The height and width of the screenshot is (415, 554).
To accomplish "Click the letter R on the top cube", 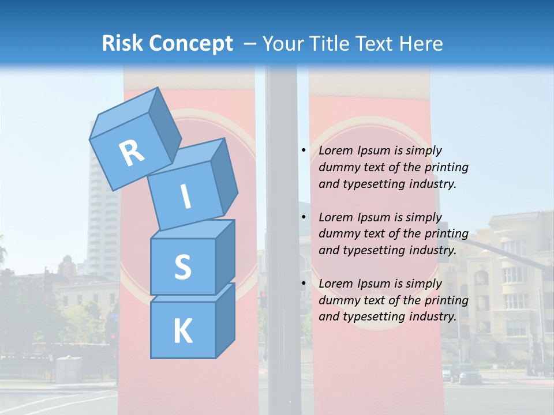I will (132, 153).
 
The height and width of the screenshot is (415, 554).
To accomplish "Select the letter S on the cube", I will (182, 267).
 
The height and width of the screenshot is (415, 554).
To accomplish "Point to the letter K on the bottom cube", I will (182, 331).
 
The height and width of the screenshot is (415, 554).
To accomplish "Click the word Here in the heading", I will (423, 43).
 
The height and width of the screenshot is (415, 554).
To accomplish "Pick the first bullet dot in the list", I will (304, 150).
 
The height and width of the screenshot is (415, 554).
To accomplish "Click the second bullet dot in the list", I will (304, 217).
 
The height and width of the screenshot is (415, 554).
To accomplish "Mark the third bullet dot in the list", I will (304, 284).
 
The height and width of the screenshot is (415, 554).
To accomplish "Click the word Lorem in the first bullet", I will (335, 150).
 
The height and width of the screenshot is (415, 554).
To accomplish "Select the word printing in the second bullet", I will (447, 234).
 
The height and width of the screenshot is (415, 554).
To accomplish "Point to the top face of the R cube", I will (124, 115).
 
